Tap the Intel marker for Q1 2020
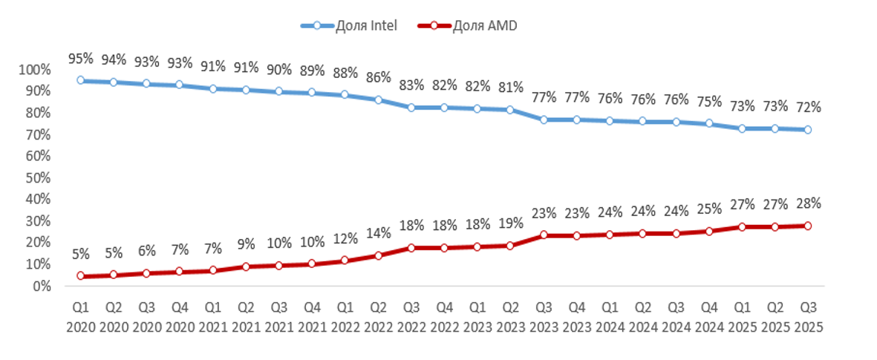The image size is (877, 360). [x=81, y=80]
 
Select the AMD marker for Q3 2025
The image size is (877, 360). [x=807, y=226]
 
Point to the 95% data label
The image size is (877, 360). [x=81, y=58]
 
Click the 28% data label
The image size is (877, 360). [x=808, y=203]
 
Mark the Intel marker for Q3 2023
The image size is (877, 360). [x=544, y=120]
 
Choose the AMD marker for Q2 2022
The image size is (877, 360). [x=378, y=255]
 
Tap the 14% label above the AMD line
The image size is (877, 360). [x=378, y=233]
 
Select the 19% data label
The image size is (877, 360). [x=510, y=223]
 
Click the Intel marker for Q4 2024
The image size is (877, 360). [x=708, y=124]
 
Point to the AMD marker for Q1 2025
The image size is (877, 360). [x=741, y=227]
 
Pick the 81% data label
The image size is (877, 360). [x=510, y=87]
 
